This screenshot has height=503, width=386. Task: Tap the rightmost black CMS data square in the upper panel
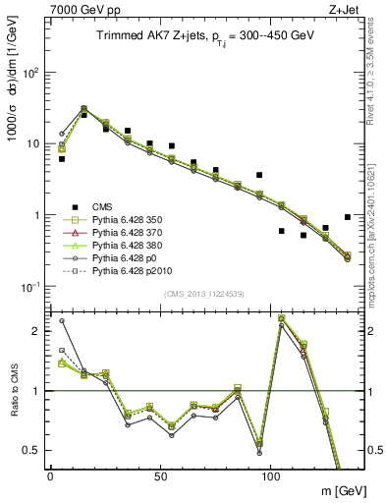[348, 217]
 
